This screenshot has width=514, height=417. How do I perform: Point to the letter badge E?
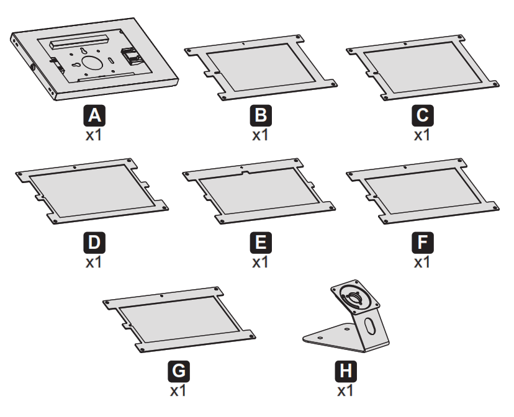[259, 242]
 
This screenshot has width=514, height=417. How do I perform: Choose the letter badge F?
[422, 242]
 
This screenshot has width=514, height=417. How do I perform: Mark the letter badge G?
[179, 372]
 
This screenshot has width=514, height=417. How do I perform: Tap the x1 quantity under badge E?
[259, 261]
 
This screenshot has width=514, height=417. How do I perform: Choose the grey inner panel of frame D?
[92, 190]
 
